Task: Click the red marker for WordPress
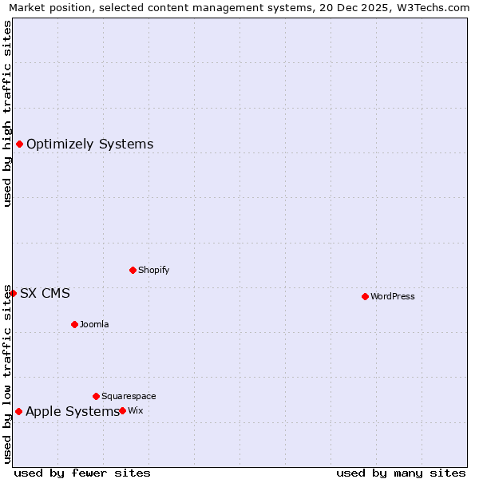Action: pyautogui.click(x=365, y=296)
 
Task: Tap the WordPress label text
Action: pyautogui.click(x=393, y=297)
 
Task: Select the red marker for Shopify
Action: pyautogui.click(x=133, y=270)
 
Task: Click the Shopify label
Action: pyautogui.click(x=154, y=271)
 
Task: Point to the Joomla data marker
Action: pyautogui.click(x=74, y=324)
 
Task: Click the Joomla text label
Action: pyautogui.click(x=94, y=325)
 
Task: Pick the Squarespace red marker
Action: pyautogui.click(x=96, y=396)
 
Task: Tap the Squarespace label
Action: pyautogui.click(x=129, y=397)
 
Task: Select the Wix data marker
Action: pyautogui.click(x=122, y=410)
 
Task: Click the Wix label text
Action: pyautogui.click(x=136, y=411)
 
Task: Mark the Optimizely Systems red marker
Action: pyautogui.click(x=19, y=144)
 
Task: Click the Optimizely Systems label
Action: pyautogui.click(x=89, y=144)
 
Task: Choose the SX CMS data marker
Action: pyautogui.click(x=13, y=293)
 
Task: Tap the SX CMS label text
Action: pyautogui.click(x=45, y=294)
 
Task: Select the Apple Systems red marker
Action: pyautogui.click(x=18, y=411)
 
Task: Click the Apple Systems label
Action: pyautogui.click(x=72, y=412)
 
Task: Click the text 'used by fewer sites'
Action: pyautogui.click(x=82, y=473)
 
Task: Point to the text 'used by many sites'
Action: pyautogui.click(x=401, y=473)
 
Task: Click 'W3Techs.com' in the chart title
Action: pyautogui.click(x=435, y=8)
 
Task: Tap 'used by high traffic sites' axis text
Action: pyautogui.click(x=8, y=113)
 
